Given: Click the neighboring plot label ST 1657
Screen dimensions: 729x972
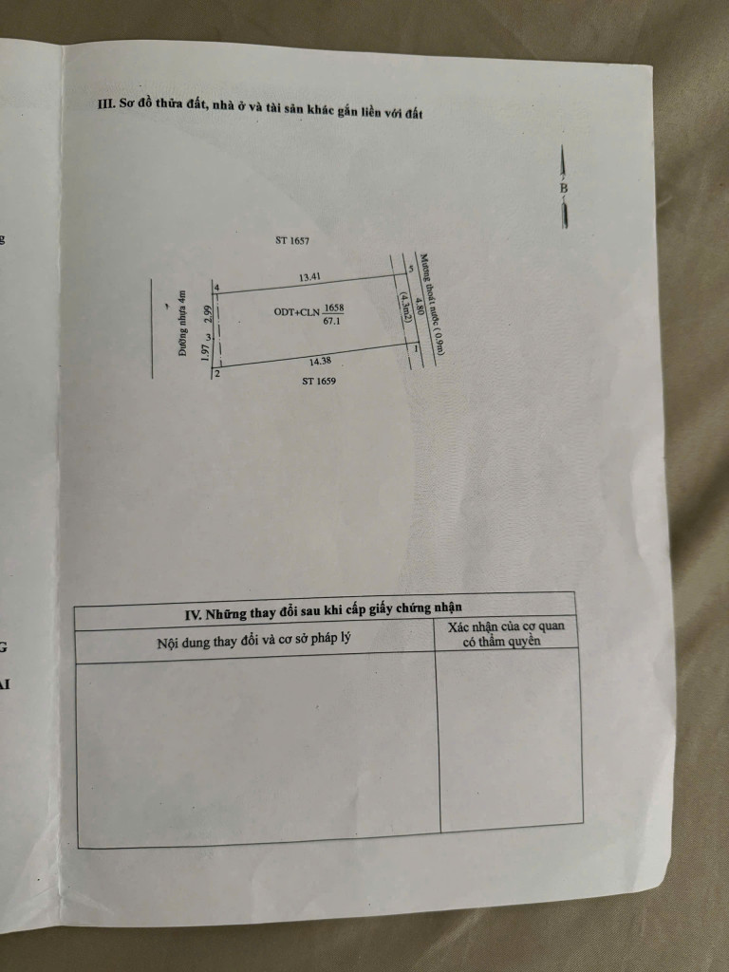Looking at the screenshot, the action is pos(292,240).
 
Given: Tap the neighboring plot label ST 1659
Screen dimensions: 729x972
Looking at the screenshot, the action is pos(319,382).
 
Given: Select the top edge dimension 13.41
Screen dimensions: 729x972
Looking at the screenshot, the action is pos(309,277).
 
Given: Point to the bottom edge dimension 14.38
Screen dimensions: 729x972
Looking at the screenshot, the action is pos(320,361).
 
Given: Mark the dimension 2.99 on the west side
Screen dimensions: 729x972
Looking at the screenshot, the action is pos(208,314).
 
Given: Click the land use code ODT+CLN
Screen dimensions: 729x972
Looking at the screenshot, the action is pos(296,312).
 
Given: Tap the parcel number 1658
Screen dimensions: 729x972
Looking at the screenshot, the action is pos(333,308).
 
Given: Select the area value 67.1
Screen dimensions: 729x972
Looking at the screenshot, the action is pos(332,321).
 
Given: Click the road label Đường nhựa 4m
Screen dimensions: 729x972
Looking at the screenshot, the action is pos(181,323).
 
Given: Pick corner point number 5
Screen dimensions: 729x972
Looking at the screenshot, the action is pos(410,270).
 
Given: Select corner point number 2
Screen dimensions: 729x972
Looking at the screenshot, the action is pos(216,373).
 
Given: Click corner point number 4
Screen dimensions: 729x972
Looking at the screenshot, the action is pos(216,287).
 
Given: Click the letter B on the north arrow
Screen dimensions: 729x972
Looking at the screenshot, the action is pos(564,187).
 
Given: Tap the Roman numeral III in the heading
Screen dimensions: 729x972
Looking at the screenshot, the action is pos(106,103).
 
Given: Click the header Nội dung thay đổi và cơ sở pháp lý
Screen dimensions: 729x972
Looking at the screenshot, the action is pos(254,641).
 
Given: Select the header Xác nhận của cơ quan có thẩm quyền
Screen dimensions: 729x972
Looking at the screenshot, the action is pos(505,633).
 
